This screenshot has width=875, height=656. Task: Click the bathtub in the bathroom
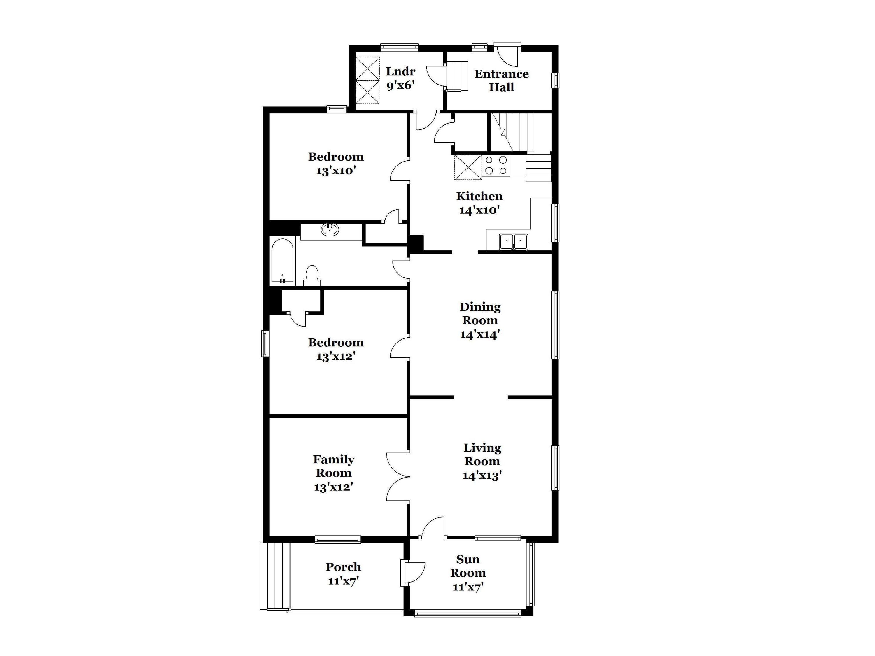[282, 261]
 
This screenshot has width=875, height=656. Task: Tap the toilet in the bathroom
[312, 276]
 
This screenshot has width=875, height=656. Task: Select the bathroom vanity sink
[330, 229]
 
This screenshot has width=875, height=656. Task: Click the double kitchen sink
[513, 242]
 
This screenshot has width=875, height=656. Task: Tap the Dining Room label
[480, 320]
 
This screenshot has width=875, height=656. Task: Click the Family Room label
[333, 473]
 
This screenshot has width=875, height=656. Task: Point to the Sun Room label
[468, 573]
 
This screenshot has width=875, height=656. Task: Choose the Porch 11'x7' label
[343, 573]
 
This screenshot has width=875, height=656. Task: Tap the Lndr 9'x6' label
[400, 78]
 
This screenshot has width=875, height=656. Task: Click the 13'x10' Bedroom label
[336, 163]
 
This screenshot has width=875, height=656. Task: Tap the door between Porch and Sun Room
[413, 573]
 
